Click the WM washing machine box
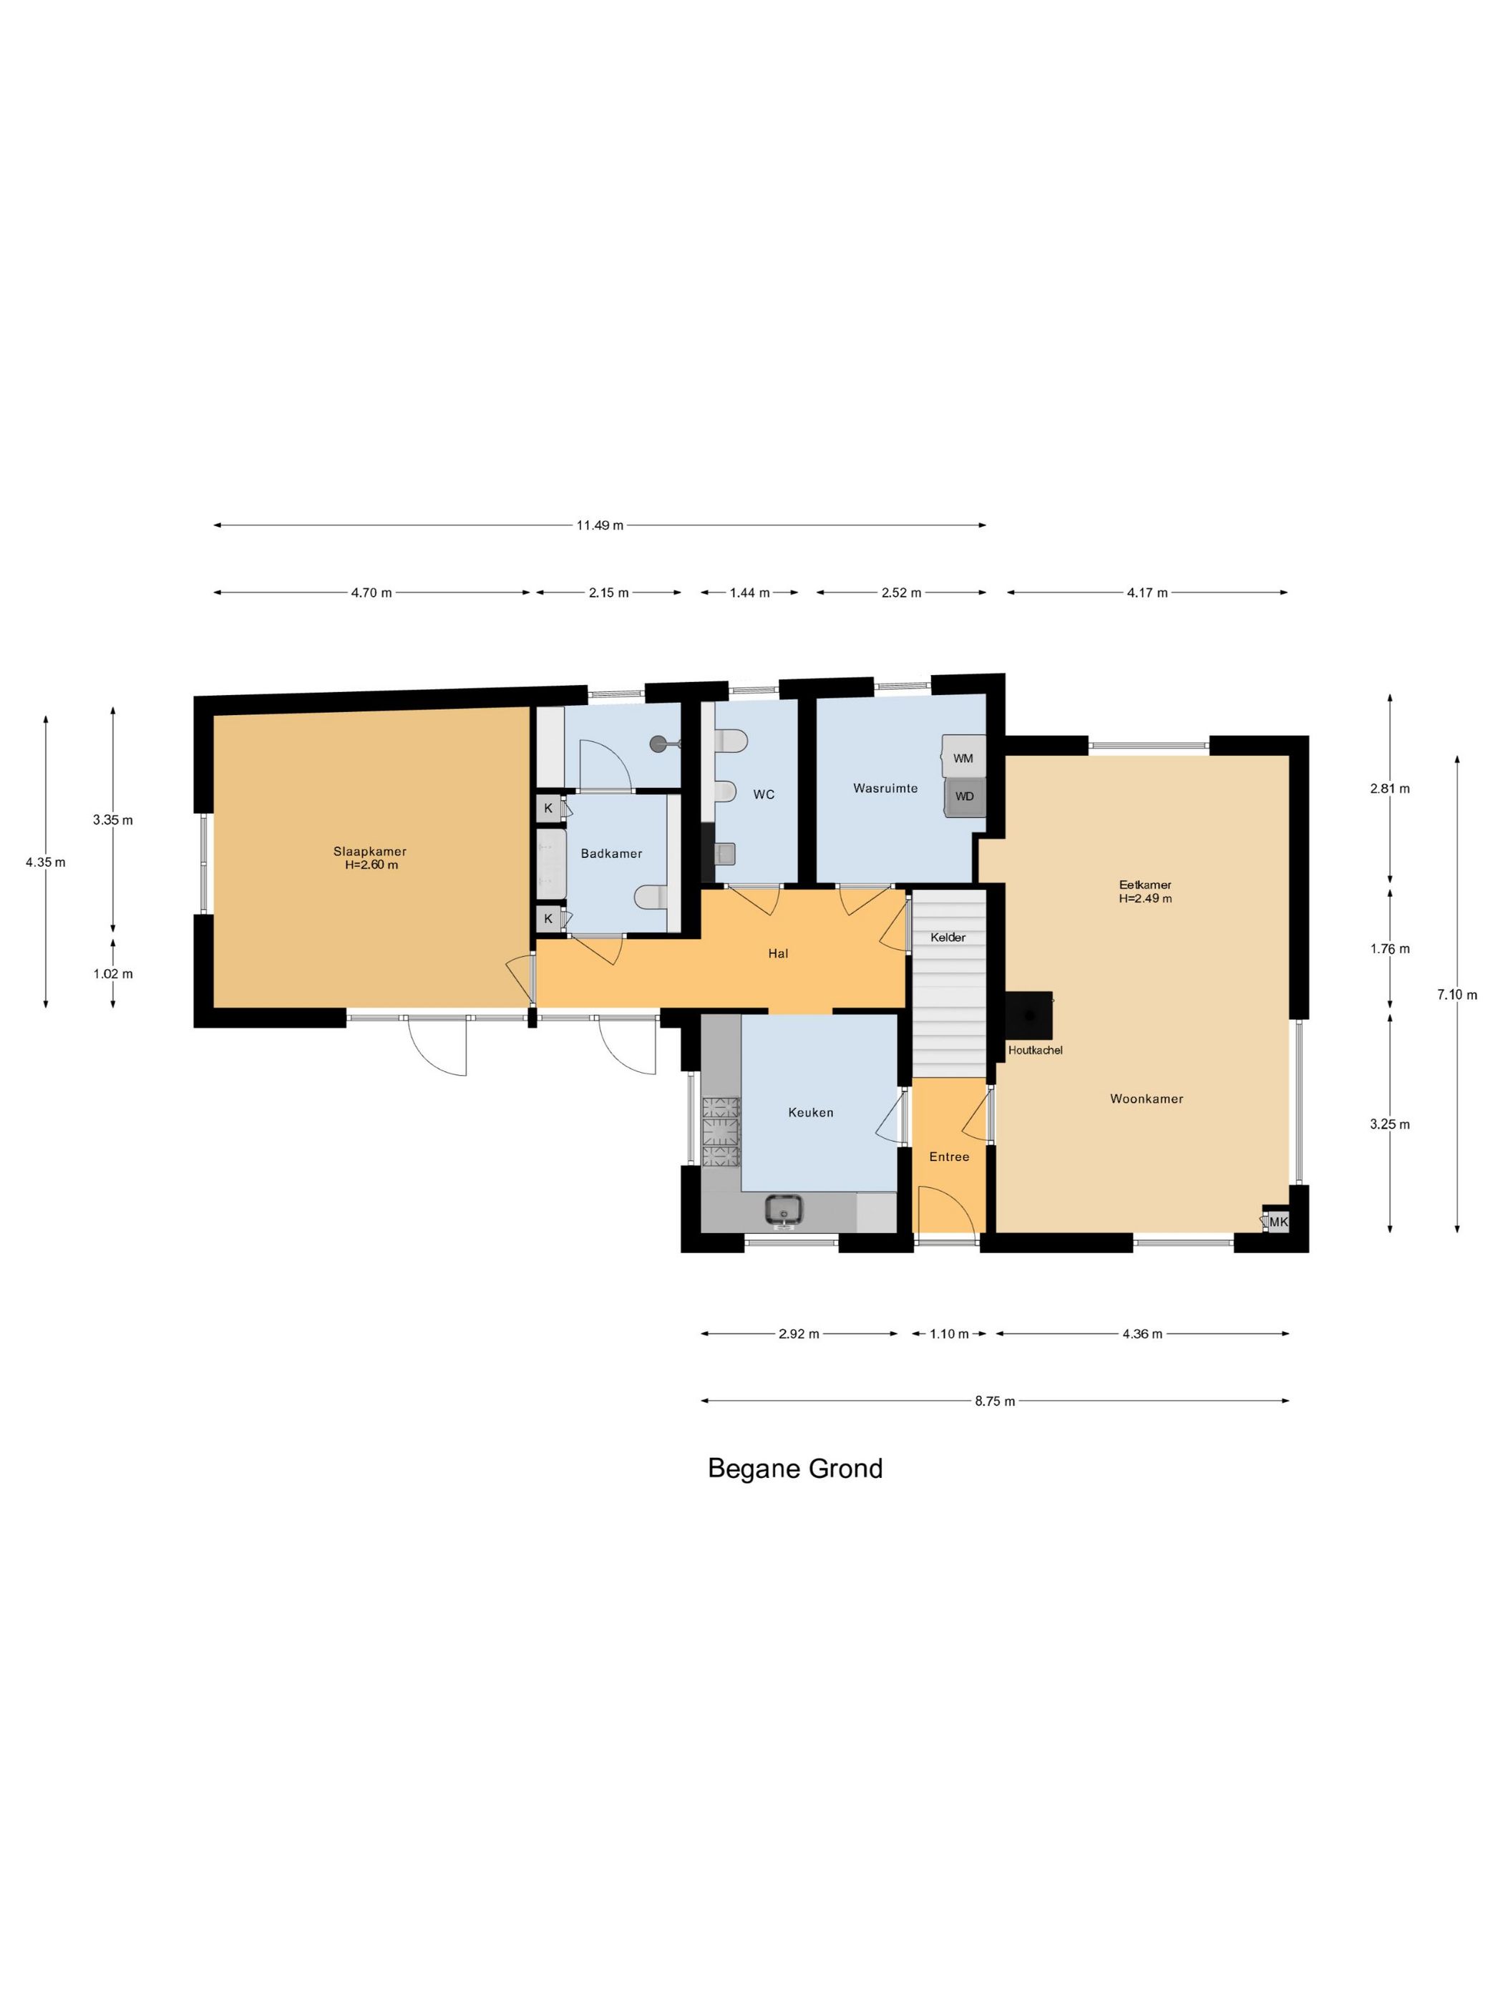(x=963, y=757)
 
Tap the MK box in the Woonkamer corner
(x=1278, y=1222)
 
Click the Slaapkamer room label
(x=369, y=852)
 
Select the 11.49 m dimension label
(x=600, y=525)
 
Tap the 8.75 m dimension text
(x=995, y=1401)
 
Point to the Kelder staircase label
(x=948, y=938)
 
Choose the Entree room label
(x=948, y=1157)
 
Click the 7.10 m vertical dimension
(x=1456, y=995)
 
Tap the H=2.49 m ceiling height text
(x=1145, y=899)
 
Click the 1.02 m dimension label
(x=112, y=974)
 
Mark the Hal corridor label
(x=778, y=953)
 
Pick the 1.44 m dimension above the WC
(x=749, y=593)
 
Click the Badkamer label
(x=611, y=853)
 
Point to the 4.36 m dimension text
(x=1142, y=1333)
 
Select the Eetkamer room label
(x=1145, y=885)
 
